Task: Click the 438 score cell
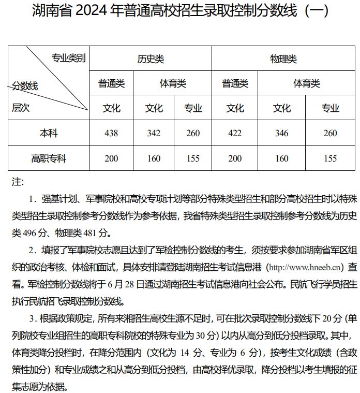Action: tap(111, 134)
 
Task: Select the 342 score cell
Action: tap(154, 134)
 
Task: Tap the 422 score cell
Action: tap(235, 134)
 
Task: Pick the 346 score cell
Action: tap(282, 134)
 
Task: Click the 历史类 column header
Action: tap(151, 59)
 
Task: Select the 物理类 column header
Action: tap(283, 59)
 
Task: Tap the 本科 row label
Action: tap(49, 134)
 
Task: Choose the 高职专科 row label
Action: tap(49, 158)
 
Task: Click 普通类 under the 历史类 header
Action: tap(111, 83)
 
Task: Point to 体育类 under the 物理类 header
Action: tap(306, 83)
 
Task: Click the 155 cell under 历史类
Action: tap(193, 158)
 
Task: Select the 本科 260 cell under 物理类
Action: tap(330, 134)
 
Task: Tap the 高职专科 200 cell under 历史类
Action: tap(111, 158)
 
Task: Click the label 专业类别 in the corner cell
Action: tap(68, 58)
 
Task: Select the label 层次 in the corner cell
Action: tap(21, 108)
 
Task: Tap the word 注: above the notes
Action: tap(18, 182)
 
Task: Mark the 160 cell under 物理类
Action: tap(282, 158)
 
